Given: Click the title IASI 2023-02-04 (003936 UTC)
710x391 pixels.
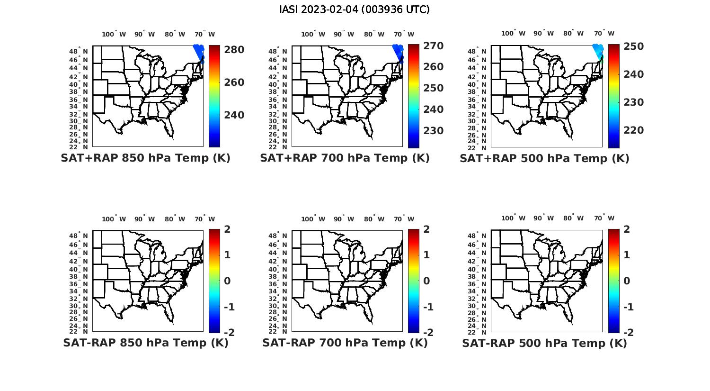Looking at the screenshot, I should [x=355, y=9].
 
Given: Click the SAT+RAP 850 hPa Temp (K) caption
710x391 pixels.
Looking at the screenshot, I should [x=145, y=158].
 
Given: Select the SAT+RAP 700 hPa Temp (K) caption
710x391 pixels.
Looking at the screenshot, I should [x=345, y=158].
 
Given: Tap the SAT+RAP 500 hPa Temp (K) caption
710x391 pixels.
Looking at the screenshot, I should [x=544, y=158].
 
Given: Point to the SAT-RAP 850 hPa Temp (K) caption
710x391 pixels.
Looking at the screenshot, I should [x=145, y=343].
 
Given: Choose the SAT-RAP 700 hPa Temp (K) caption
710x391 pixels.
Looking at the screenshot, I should [x=345, y=343].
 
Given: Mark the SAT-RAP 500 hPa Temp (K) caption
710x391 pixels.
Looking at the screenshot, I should [x=544, y=343].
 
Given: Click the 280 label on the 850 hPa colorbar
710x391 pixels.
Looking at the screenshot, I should [x=234, y=50].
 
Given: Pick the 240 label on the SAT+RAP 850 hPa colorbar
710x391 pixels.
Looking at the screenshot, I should [x=234, y=115].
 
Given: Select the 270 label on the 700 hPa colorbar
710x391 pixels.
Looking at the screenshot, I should [x=433, y=46].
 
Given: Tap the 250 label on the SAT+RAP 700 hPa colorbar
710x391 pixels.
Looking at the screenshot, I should [x=433, y=88].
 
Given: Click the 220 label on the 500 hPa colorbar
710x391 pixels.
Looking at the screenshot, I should [x=633, y=130].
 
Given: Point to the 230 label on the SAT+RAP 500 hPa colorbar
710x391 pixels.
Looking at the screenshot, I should [x=633, y=102].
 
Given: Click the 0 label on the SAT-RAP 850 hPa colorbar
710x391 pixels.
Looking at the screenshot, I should [x=227, y=281].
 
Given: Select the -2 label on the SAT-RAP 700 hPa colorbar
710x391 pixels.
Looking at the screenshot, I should [x=427, y=333].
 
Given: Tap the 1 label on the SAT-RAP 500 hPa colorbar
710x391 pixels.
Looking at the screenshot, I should [x=627, y=255].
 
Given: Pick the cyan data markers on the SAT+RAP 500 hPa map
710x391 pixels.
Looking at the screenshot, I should [x=598, y=50].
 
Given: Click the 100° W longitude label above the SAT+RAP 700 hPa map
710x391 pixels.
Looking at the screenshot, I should [x=313, y=34].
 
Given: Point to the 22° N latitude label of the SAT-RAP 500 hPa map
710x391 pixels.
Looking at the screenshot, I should [x=482, y=331].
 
